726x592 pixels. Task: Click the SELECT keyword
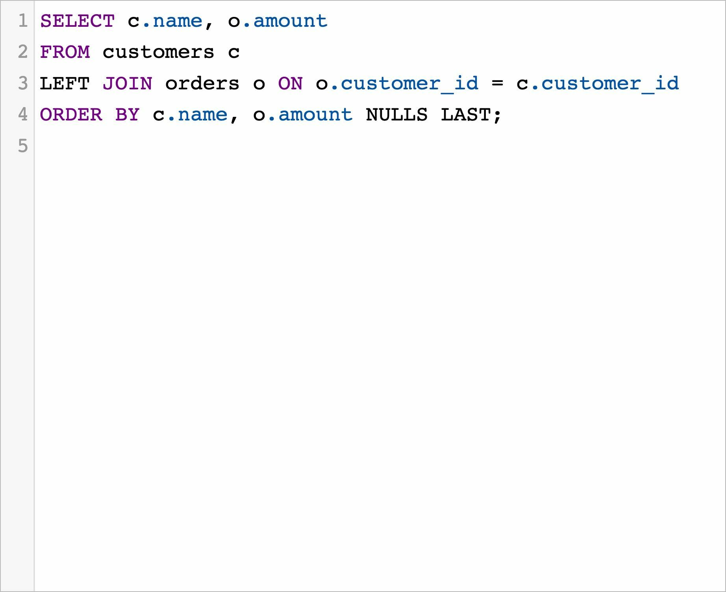tap(77, 21)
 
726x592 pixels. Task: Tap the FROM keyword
tap(65, 52)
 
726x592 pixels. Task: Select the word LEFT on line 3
tap(65, 84)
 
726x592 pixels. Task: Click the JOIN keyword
tap(127, 84)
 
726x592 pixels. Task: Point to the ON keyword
tap(290, 84)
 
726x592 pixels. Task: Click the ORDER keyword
tap(71, 115)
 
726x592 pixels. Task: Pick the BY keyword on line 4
tap(127, 115)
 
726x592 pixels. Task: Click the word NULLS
tap(396, 115)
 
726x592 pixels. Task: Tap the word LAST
tap(465, 115)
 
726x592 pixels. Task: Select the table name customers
tap(158, 52)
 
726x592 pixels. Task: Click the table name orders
tap(202, 84)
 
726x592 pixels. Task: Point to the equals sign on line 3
tap(497, 84)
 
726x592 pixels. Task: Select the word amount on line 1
tap(290, 21)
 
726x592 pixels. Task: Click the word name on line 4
tap(202, 115)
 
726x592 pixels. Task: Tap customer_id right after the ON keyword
tap(409, 84)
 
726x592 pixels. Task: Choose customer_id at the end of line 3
tap(610, 84)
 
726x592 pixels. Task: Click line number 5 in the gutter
tap(23, 146)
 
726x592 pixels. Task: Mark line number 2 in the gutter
tap(23, 52)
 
